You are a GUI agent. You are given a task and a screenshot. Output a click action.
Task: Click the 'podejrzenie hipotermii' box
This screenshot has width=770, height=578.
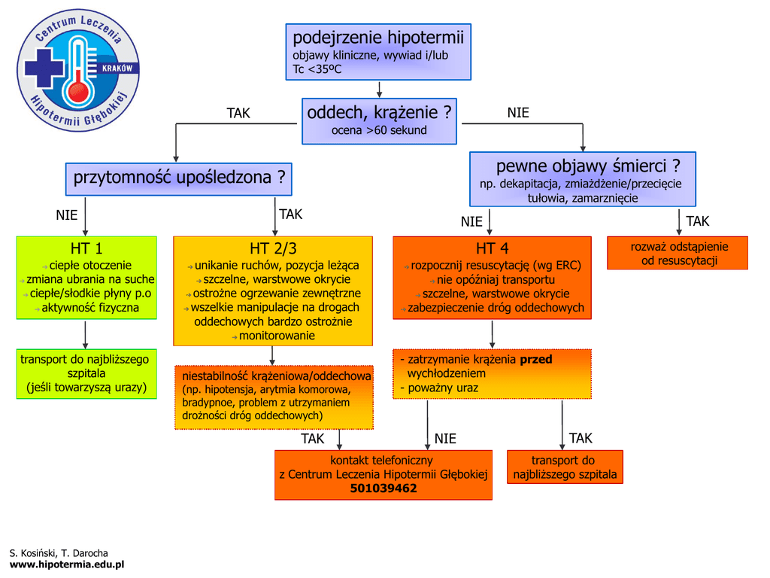(378, 52)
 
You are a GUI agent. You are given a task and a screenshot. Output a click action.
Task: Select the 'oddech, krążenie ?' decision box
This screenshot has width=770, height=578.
(379, 120)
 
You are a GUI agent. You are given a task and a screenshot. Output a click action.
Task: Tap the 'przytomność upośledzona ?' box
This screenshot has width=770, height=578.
(179, 178)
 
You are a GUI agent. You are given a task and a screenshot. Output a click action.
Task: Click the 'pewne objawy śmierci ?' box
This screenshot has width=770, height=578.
(583, 179)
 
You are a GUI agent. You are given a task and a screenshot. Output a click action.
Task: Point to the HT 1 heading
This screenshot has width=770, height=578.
(86, 248)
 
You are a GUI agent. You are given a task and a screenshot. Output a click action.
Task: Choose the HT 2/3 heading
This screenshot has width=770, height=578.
(273, 248)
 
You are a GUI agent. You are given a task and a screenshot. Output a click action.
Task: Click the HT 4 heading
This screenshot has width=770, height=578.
(492, 248)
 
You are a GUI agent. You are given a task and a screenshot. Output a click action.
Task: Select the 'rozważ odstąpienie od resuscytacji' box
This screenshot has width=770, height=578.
(678, 254)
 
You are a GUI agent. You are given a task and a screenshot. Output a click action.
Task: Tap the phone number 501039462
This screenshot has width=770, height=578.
(383, 488)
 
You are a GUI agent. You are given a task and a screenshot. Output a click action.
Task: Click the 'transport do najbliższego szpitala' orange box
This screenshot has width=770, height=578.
(565, 467)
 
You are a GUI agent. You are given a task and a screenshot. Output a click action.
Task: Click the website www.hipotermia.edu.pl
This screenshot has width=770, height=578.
(66, 564)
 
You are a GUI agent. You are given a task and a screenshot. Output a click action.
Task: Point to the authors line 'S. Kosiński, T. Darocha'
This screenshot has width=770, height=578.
(59, 553)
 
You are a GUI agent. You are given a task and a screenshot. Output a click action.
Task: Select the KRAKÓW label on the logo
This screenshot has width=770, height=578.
(116, 68)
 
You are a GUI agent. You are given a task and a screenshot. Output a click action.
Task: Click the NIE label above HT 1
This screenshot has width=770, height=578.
(67, 215)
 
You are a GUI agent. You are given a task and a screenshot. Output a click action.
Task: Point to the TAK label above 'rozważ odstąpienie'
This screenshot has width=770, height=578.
(697, 221)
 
